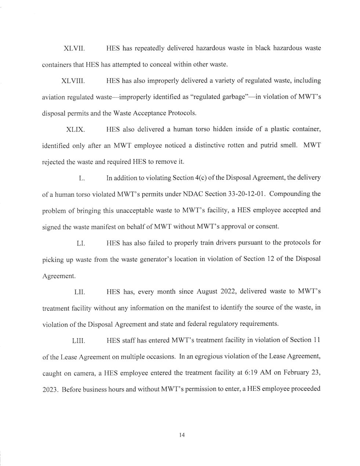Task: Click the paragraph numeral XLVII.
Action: pyautogui.click(x=75, y=48)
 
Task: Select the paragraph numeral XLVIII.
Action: pyautogui.click(x=76, y=80)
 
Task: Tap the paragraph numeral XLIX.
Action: pyautogui.click(x=75, y=129)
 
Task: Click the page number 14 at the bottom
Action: pyautogui.click(x=181, y=435)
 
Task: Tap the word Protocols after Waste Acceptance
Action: pyautogui.click(x=182, y=113)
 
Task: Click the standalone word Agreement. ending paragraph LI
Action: pyautogui.click(x=60, y=275)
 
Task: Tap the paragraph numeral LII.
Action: pyautogui.click(x=80, y=292)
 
